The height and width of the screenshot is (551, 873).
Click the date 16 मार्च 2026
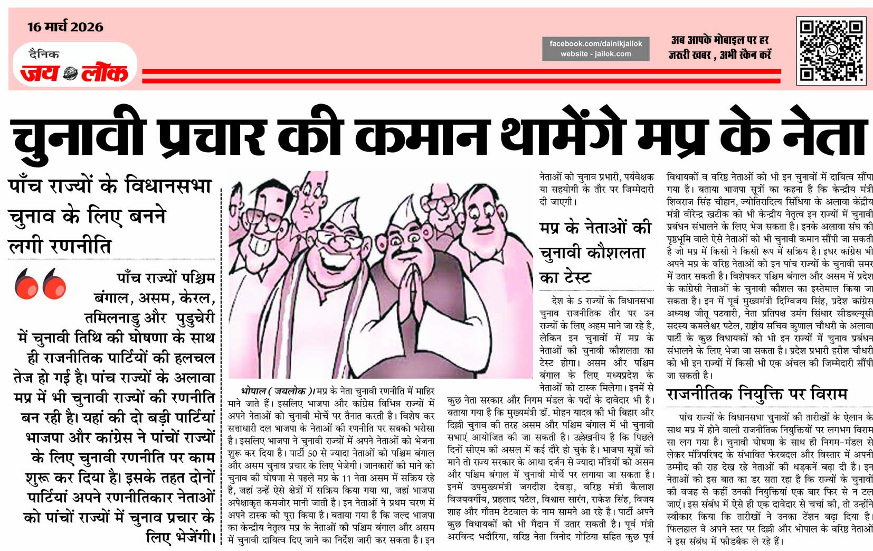pyautogui.click(x=65, y=27)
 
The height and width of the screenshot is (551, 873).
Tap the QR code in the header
pyautogui.click(x=831, y=51)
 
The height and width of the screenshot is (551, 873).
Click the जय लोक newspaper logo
pyautogui.click(x=74, y=73)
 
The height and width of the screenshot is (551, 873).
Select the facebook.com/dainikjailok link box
pyautogui.click(x=595, y=49)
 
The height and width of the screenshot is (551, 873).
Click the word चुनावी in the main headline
pyautogui.click(x=78, y=136)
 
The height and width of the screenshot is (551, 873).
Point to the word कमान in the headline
pyautogui.click(x=422, y=136)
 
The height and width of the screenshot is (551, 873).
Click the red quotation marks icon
pyautogui.click(x=48, y=284)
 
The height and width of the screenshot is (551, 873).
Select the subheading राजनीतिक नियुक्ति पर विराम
pyautogui.click(x=756, y=394)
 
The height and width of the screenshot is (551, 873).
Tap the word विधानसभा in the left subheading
pyautogui.click(x=168, y=186)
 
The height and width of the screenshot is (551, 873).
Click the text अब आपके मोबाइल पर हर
pyautogui.click(x=719, y=40)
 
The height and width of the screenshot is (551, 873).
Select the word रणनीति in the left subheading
pyautogui.click(x=80, y=246)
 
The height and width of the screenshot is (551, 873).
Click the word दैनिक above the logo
pyautogui.click(x=44, y=54)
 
